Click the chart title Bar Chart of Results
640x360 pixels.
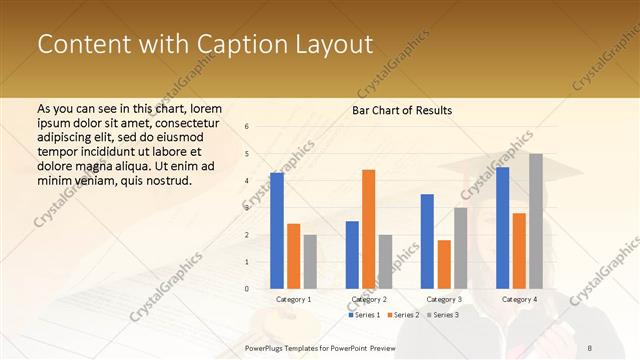401,109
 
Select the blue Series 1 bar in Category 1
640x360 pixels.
276,230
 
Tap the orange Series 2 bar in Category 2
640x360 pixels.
368,229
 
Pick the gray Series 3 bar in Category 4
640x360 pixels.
536,221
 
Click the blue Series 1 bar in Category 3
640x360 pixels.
427,241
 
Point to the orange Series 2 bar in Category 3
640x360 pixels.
443,264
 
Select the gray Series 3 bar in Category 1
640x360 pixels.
310,261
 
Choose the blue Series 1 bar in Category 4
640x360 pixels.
502,227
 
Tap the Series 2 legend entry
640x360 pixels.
402,315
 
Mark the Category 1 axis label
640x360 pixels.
293,299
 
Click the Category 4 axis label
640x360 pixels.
519,299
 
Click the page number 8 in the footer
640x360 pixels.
590,347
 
